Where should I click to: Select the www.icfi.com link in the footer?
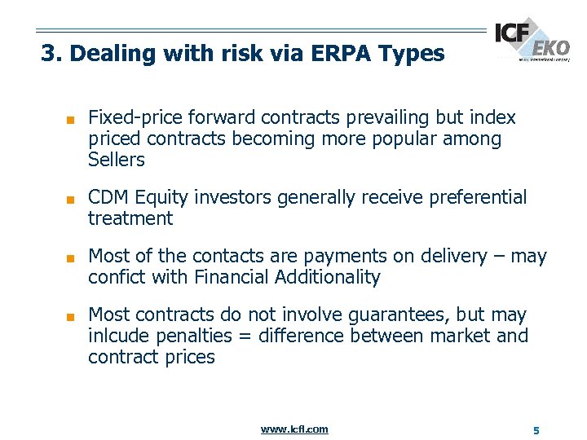pyautogui.click(x=294, y=429)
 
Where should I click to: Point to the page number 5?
pyautogui.click(x=536, y=429)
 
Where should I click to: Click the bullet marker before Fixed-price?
pyautogui.click(x=71, y=119)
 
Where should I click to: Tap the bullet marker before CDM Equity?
pyautogui.click(x=71, y=199)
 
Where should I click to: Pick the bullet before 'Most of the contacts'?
pyautogui.click(x=71, y=257)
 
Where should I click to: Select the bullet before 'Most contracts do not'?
pyautogui.click(x=71, y=316)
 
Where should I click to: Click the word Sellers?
pyautogui.click(x=117, y=160)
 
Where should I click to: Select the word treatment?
pyautogui.click(x=130, y=218)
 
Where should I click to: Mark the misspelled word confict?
pyautogui.click(x=113, y=277)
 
